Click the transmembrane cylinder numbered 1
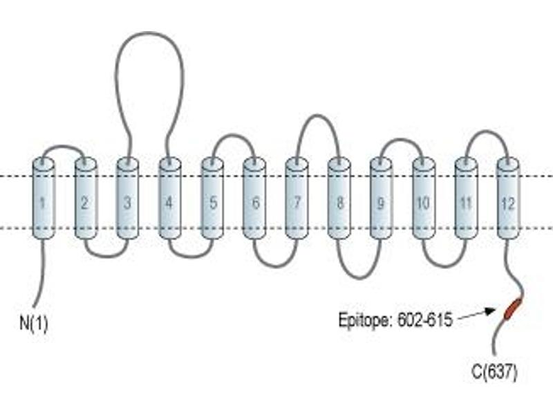coord(44,199)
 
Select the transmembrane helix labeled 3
coord(128,199)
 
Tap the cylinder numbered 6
coord(254,199)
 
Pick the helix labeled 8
coord(339,199)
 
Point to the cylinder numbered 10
coord(424,199)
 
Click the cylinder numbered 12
coord(508,199)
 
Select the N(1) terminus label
coord(34,323)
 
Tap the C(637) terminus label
coord(494,372)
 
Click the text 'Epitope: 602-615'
coord(395,320)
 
